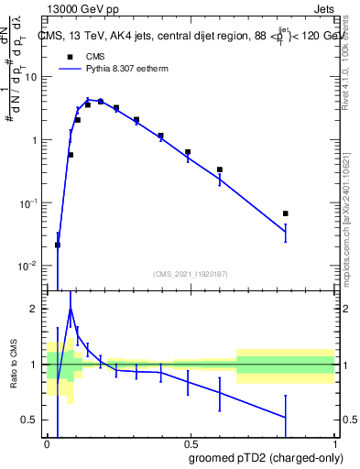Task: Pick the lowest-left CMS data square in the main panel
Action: [x=58, y=245]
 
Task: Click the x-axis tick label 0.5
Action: [x=190, y=442]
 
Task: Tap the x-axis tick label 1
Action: [x=334, y=442]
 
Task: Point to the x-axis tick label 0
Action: [x=47, y=442]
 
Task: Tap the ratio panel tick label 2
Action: [x=38, y=310]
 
